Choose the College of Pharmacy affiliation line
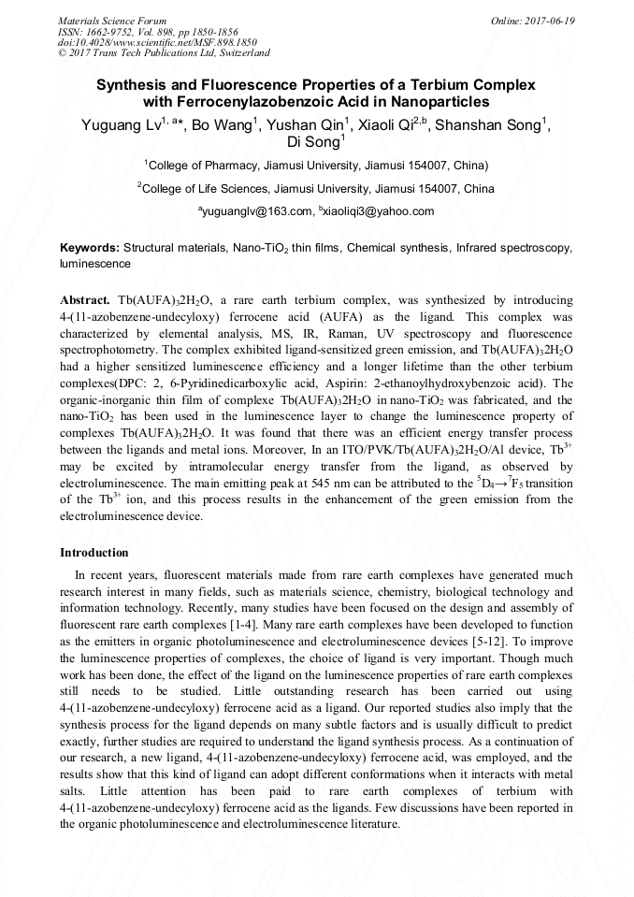tap(316, 166)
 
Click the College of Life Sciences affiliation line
tap(316, 189)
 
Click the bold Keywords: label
tap(90, 249)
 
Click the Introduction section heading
tap(94, 553)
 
